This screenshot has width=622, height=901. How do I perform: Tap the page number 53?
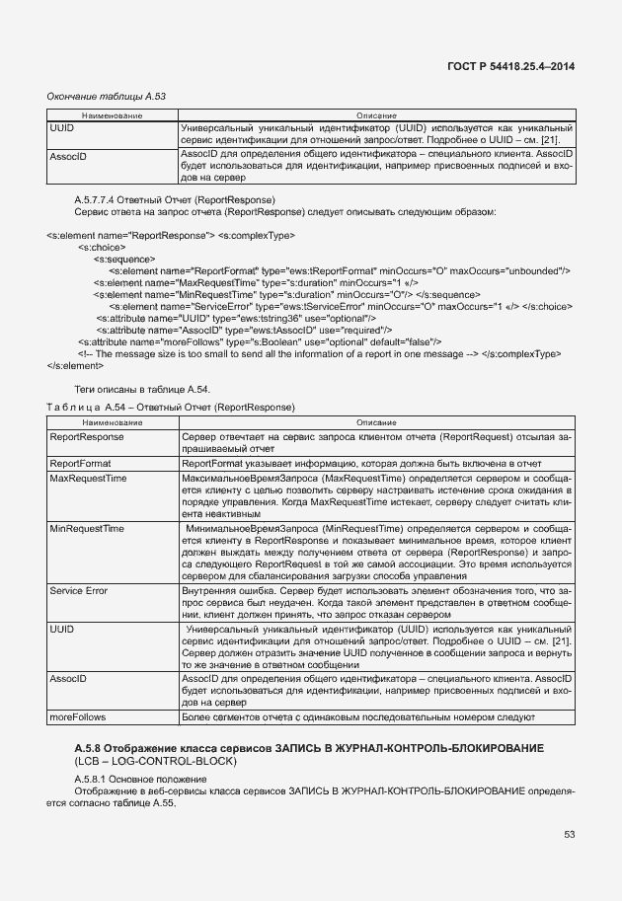[x=569, y=834]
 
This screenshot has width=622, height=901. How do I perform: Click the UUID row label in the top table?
[x=62, y=128]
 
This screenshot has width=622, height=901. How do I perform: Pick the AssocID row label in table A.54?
[x=68, y=680]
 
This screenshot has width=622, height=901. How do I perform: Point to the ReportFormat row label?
[x=80, y=462]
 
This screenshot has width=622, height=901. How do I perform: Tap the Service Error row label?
[x=79, y=589]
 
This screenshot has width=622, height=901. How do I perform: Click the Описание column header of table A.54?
[x=376, y=421]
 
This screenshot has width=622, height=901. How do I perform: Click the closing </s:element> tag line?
[x=73, y=364]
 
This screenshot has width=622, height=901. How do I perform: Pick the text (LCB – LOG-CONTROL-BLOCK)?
[x=144, y=763]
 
